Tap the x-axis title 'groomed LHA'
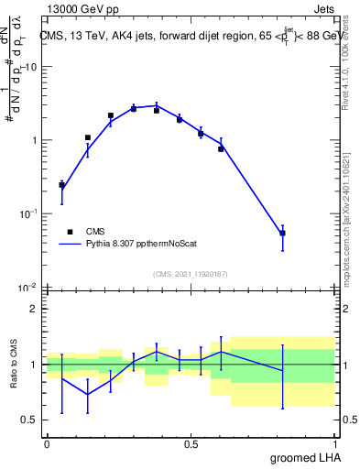(304, 457)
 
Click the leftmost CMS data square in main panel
(61, 185)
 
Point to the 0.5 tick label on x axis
(191, 443)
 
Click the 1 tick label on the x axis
(335, 443)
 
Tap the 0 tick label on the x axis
(47, 443)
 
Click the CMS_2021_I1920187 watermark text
(191, 273)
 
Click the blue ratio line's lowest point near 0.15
(88, 395)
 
